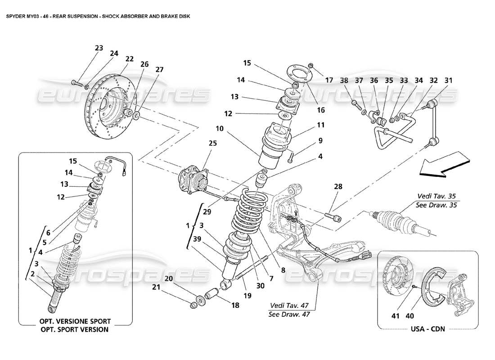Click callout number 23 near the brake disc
(99, 48)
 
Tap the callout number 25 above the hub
(200, 143)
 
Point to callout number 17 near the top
(329, 81)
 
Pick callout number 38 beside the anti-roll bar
(344, 81)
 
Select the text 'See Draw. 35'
(435, 205)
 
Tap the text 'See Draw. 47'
(287, 315)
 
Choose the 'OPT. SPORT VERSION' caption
(75, 329)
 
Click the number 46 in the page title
(53, 16)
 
